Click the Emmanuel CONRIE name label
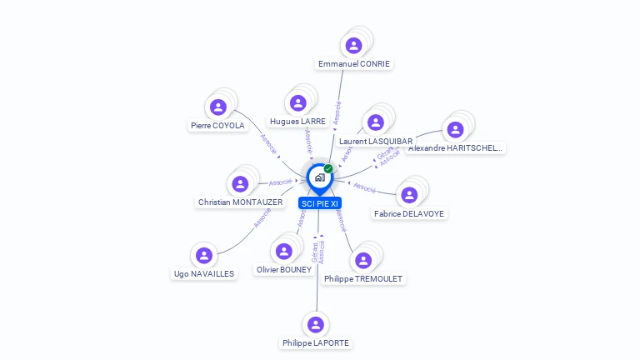(x=354, y=64)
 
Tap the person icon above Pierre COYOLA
(x=218, y=107)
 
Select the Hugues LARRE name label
(x=297, y=122)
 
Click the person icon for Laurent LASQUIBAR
(x=376, y=122)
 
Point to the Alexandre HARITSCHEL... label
(x=455, y=148)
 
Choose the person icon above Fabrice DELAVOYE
(x=409, y=195)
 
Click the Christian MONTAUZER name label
(x=240, y=202)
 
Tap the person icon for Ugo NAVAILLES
(x=204, y=255)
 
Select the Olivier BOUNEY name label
(x=284, y=270)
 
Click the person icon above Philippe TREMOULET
(x=363, y=260)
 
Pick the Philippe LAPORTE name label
(x=316, y=343)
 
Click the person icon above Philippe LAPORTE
(x=315, y=324)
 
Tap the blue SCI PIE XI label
(x=319, y=203)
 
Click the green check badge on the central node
(x=328, y=169)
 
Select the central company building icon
(x=319, y=177)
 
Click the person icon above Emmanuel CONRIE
(x=354, y=45)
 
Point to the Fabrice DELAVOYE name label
(x=409, y=214)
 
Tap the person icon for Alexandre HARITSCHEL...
(x=455, y=129)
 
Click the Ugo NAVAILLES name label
(x=204, y=273)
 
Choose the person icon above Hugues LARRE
(x=297, y=102)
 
